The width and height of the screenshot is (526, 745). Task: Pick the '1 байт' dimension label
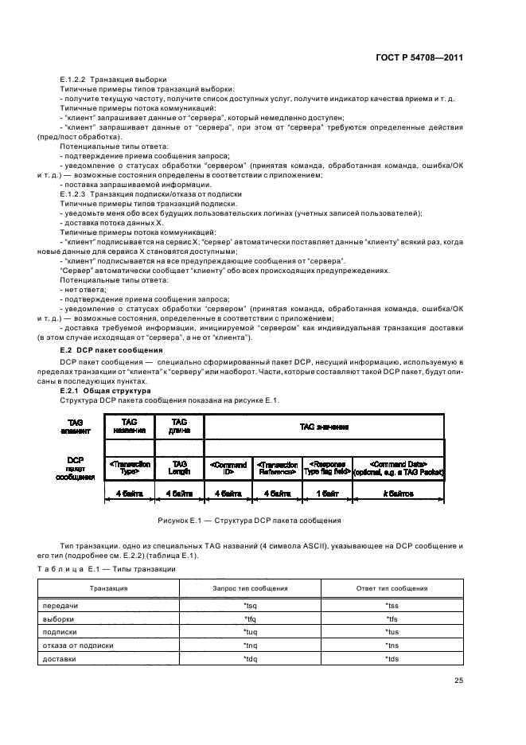(x=327, y=494)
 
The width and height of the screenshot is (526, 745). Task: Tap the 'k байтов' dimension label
(x=399, y=494)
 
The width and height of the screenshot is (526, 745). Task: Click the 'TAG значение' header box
(x=324, y=427)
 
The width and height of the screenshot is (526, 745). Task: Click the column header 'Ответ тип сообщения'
(x=391, y=588)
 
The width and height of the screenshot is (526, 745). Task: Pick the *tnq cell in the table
(x=249, y=646)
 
